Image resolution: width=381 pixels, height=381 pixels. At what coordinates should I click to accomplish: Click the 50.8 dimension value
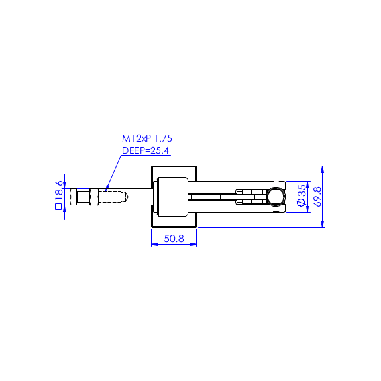pos(174,239)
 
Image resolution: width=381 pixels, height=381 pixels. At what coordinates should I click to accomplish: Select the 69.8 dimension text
pos(317,197)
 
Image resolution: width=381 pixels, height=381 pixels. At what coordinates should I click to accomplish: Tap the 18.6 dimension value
pos(59,188)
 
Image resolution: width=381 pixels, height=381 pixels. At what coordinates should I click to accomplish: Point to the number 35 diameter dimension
pos(302,190)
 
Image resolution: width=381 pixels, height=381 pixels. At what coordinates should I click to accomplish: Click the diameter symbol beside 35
pos(302,202)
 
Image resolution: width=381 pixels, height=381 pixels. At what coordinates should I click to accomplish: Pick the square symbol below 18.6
pos(58,207)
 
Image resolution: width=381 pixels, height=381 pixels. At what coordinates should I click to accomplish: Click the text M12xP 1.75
pos(147,138)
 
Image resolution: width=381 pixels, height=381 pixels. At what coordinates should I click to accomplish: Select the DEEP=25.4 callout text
pos(146,150)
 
